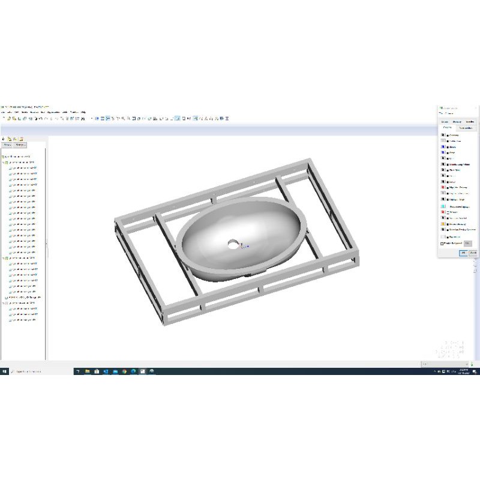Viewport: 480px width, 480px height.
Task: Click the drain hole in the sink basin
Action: pos(233,244)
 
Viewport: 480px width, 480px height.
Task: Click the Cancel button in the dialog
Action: pos(473,253)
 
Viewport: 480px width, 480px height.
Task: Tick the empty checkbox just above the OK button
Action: pos(442,243)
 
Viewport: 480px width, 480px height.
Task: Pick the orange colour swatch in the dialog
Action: pos(443,224)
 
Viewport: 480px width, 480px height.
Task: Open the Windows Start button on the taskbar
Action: pos(4,371)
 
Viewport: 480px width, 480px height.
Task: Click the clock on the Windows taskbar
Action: pos(463,371)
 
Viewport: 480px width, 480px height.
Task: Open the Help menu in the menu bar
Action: pos(83,112)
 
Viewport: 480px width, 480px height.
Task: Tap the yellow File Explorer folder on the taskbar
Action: pos(88,371)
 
